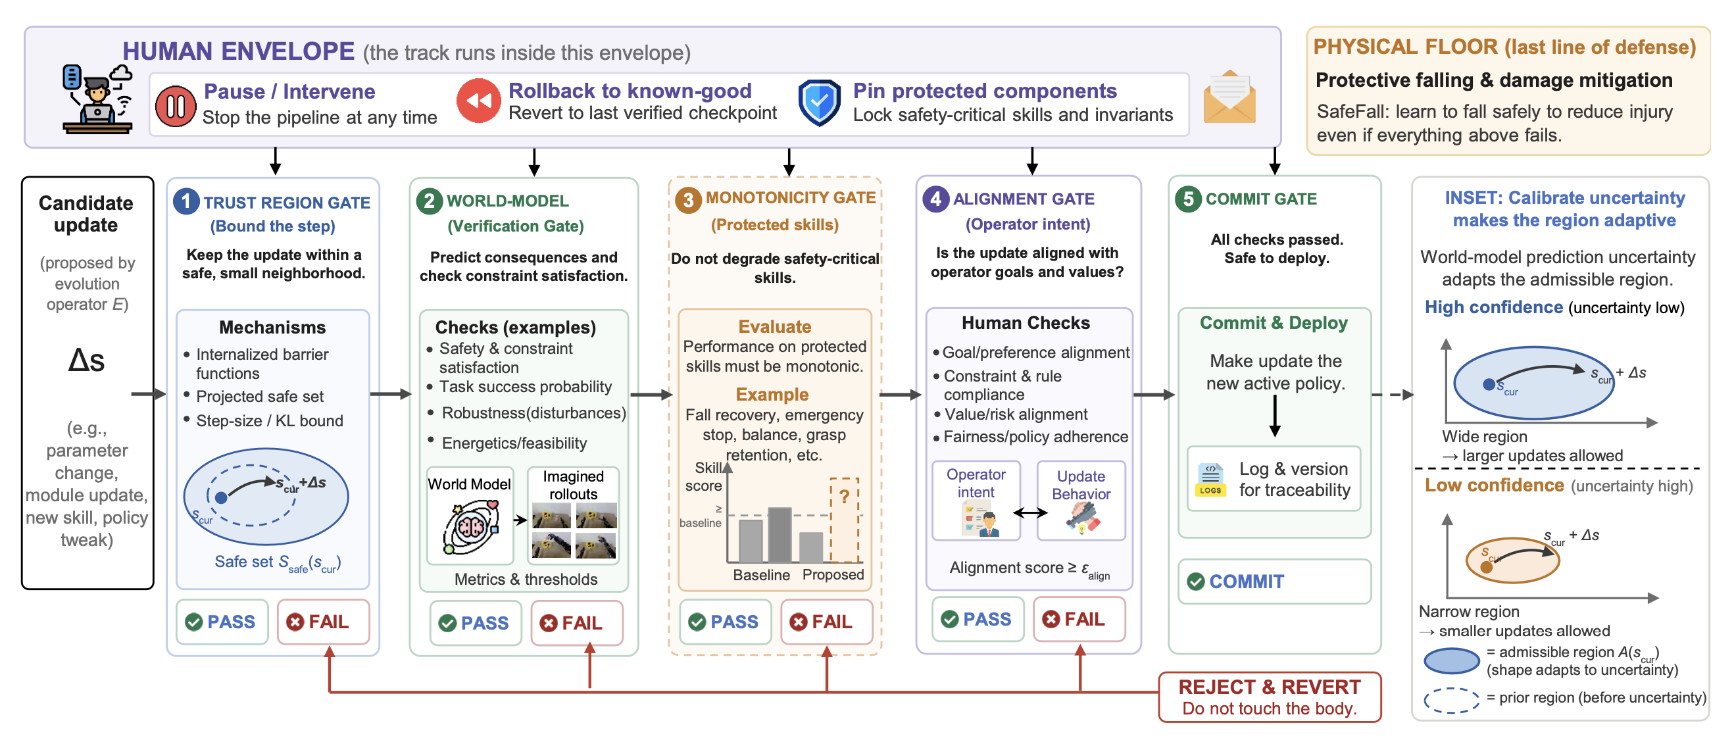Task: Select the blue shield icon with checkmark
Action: point(819,103)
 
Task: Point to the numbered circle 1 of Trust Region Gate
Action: point(186,201)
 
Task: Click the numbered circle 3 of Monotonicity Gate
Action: point(689,200)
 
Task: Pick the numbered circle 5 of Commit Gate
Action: point(1188,199)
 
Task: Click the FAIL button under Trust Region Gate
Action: point(324,622)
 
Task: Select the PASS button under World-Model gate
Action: point(476,623)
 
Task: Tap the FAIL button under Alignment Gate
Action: point(1079,619)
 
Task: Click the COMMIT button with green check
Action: point(1274,581)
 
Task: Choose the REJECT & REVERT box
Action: point(1270,697)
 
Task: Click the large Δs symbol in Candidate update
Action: point(87,361)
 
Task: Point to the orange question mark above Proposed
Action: point(844,497)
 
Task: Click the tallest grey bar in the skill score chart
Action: point(780,535)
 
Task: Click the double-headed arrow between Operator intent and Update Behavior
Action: point(1029,513)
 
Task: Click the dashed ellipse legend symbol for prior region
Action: point(1451,699)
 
